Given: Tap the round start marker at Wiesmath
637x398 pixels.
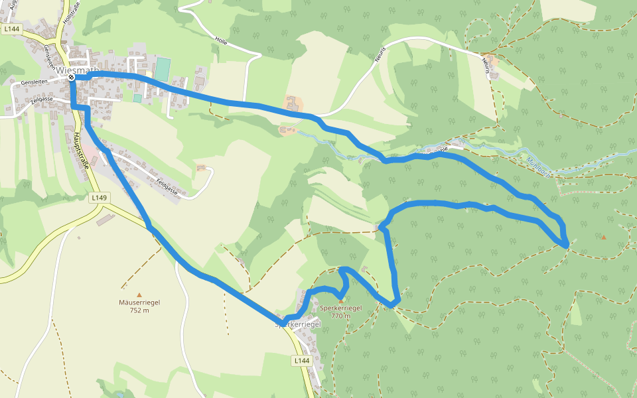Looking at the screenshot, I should click(x=71, y=78).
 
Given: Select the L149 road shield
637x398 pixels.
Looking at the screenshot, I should click(x=98, y=198).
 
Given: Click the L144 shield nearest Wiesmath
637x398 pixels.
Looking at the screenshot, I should click(x=11, y=29).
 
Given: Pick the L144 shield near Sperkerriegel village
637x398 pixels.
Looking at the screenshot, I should click(x=301, y=360).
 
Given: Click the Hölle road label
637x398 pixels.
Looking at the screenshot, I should click(x=221, y=40).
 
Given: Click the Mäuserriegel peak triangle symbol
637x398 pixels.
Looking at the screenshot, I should click(x=139, y=295).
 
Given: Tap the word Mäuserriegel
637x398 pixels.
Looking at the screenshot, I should click(x=139, y=302).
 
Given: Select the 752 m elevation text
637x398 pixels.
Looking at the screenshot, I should click(x=139, y=310).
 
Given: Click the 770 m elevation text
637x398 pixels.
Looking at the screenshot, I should click(x=340, y=316).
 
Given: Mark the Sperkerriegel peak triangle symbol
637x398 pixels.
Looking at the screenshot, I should click(x=341, y=300).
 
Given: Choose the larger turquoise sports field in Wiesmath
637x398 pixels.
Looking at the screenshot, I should click(x=163, y=69).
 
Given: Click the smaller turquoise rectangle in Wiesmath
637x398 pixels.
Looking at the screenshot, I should click(x=137, y=98).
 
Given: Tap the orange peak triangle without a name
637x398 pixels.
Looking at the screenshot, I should click(x=603, y=237).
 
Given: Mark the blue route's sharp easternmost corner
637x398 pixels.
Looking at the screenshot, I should click(x=568, y=246).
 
